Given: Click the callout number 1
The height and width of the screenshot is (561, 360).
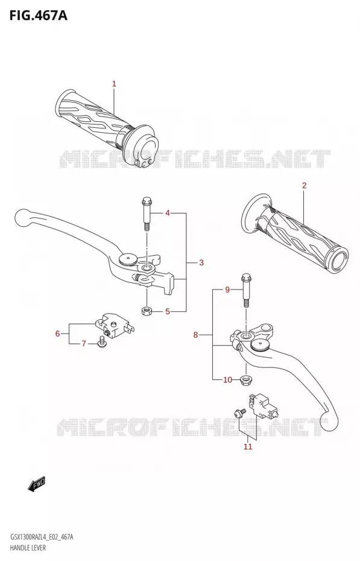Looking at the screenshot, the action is [114, 84].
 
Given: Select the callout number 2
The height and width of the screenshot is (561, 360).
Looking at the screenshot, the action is [305, 185].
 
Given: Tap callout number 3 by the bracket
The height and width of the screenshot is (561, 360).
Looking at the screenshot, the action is [201, 262].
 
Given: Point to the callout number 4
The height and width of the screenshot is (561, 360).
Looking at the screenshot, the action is [167, 213].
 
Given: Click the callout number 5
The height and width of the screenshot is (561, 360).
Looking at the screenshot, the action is [167, 312].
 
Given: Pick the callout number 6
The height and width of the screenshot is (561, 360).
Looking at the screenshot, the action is [57, 334].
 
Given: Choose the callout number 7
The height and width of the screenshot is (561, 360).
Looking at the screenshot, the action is [84, 344].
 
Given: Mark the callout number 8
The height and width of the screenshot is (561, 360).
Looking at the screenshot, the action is [195, 335].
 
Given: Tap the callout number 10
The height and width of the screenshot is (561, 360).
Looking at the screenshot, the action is [228, 379].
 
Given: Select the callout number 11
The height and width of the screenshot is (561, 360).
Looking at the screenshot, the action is [248, 446].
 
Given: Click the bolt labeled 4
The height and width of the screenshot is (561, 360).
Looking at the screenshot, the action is [147, 214].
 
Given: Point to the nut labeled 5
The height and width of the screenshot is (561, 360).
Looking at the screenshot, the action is [146, 311].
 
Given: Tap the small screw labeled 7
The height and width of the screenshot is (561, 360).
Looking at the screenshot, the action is [103, 341].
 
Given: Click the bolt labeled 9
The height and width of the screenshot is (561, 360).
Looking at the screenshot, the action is [246, 290].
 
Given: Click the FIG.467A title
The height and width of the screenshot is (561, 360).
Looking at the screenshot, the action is [38, 16].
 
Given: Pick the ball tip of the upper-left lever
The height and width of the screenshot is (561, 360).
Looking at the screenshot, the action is [23, 217].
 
